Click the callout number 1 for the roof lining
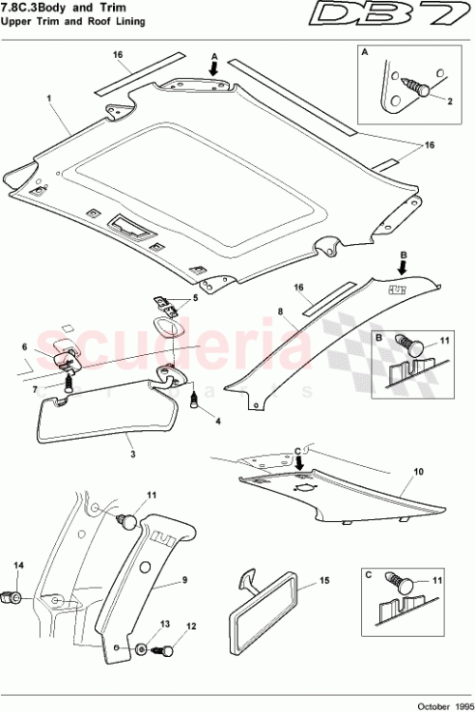tap(47, 98)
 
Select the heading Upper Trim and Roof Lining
tap(72, 22)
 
